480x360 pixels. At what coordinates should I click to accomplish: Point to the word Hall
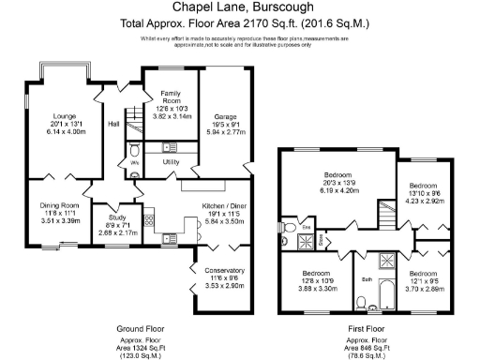[x=114, y=124]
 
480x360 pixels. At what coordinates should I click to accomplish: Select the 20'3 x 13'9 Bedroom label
[x=337, y=175]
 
